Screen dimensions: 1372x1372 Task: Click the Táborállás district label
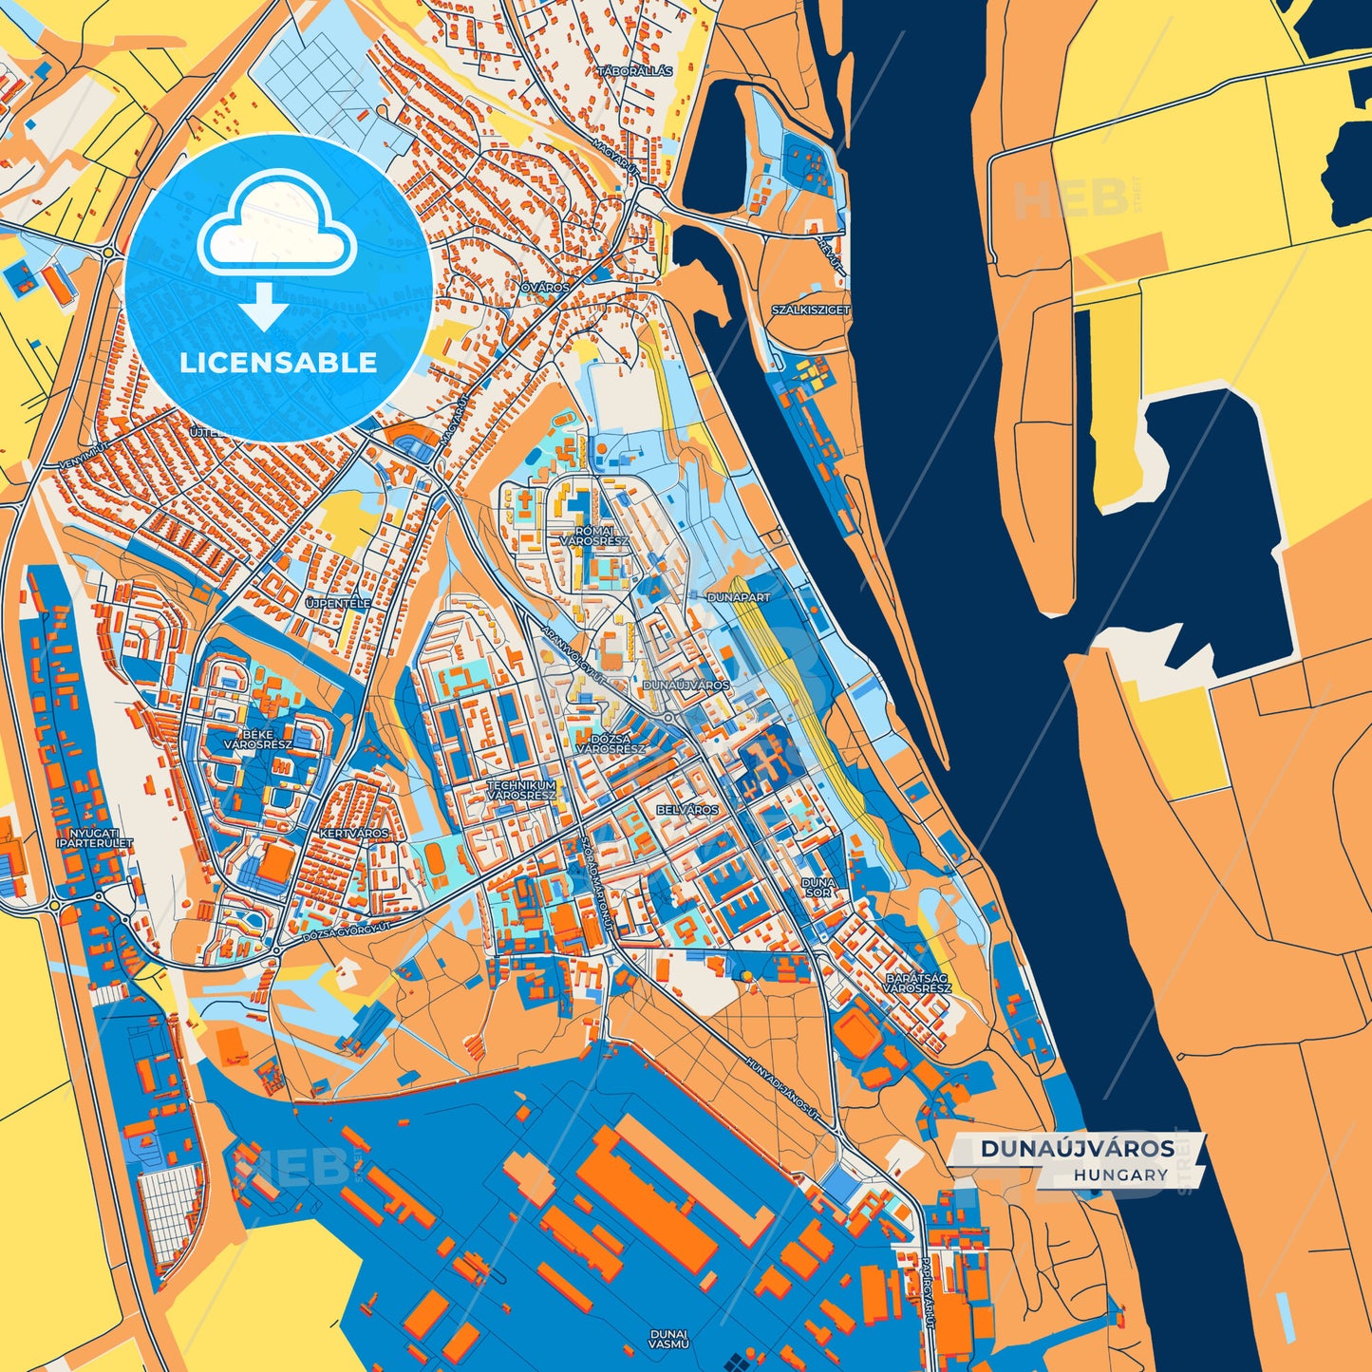(x=635, y=71)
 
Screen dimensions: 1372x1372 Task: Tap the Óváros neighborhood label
(x=545, y=287)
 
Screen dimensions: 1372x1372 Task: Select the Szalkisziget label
(x=811, y=310)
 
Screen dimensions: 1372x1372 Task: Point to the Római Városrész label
(x=588, y=536)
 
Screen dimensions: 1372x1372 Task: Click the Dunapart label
(x=739, y=597)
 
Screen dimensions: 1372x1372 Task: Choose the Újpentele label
(x=338, y=603)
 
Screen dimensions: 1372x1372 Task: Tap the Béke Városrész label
(x=257, y=740)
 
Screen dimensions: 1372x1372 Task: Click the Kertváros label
(x=355, y=833)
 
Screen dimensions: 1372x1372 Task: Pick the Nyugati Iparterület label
(x=94, y=837)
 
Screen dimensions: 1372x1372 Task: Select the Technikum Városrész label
(x=521, y=791)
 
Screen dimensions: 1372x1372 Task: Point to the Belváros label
(x=687, y=810)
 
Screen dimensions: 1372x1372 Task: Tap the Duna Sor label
(x=818, y=887)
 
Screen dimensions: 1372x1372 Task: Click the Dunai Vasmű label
(x=668, y=1339)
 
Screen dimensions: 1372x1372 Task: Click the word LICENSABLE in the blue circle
(x=278, y=363)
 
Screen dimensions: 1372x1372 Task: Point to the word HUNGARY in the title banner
(x=1121, y=1175)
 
